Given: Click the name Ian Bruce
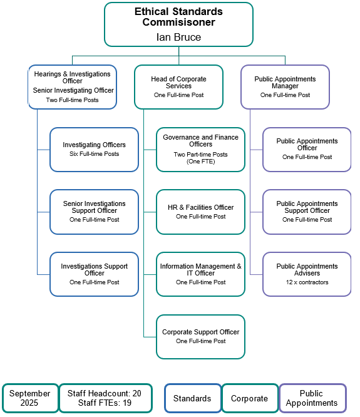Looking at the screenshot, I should [x=178, y=37].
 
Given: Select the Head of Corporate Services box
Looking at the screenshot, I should [x=178, y=87].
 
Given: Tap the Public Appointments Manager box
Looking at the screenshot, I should [x=285, y=87].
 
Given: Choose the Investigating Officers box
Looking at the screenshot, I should [x=94, y=150].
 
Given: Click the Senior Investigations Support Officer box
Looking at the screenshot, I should [x=94, y=212].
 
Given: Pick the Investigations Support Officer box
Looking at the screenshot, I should [x=94, y=274].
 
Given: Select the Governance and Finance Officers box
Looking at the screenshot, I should [x=200, y=150].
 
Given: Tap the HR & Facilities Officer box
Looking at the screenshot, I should [x=200, y=212].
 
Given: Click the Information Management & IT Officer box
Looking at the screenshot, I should [x=200, y=274].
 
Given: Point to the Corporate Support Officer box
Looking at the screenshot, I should [x=200, y=337].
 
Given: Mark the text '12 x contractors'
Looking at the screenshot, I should [x=307, y=282].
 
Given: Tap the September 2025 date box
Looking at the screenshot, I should [x=29, y=398].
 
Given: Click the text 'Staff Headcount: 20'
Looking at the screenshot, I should [x=105, y=393].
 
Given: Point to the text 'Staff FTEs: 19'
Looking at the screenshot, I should [x=105, y=403].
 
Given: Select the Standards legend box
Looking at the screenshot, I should [x=192, y=398].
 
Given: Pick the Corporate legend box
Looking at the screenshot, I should [x=249, y=398].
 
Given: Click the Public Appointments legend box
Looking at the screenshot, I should [x=312, y=398].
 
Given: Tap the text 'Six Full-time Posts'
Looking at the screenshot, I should [x=94, y=154].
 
